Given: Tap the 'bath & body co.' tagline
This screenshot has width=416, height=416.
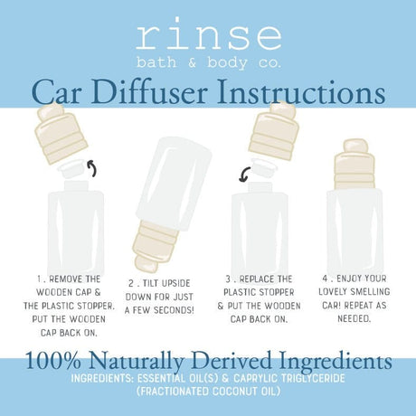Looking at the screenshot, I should click(208, 63).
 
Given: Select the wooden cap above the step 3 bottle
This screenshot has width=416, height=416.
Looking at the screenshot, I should click(276, 132).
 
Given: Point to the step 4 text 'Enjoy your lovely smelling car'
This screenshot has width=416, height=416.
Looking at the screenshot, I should click(355, 293).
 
